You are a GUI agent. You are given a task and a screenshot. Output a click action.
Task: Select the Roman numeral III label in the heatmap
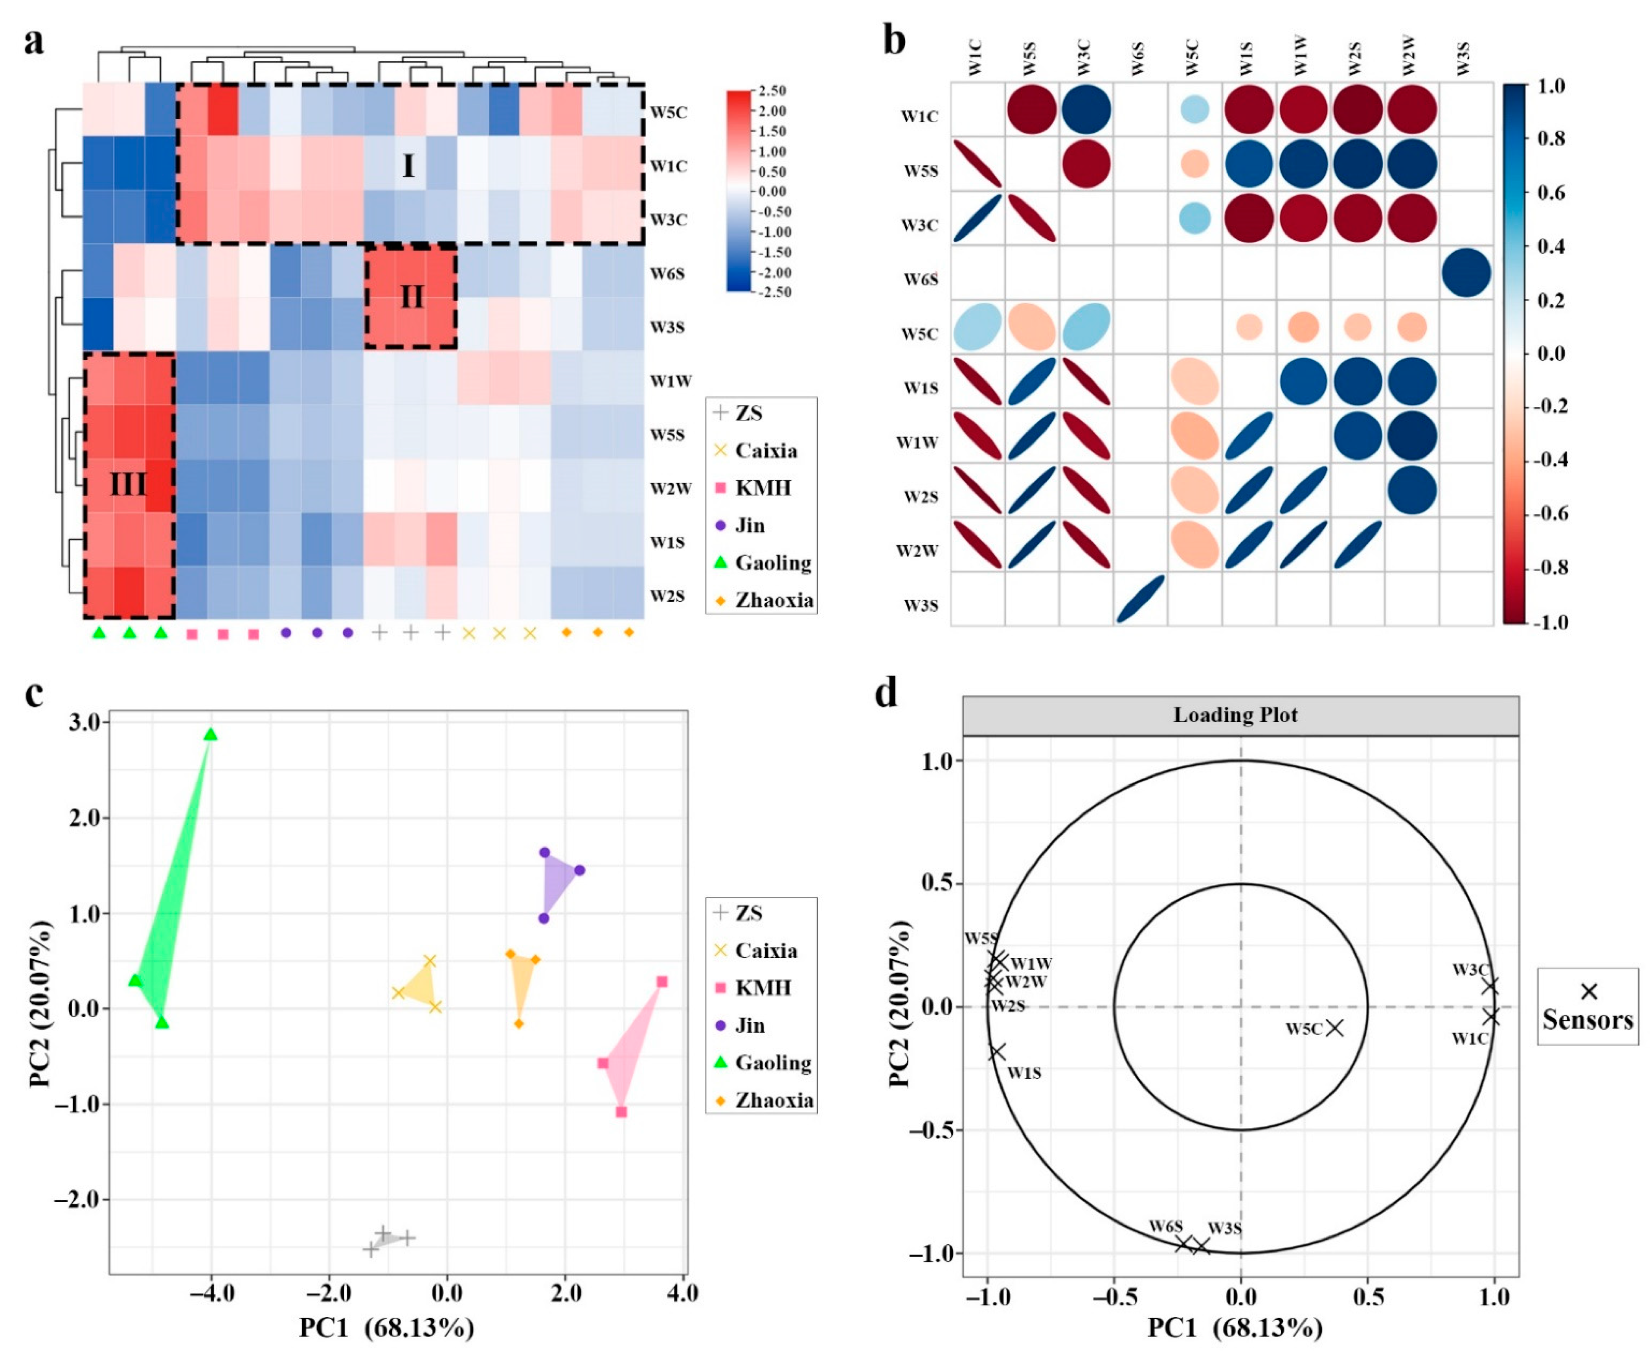pyautogui.click(x=127, y=485)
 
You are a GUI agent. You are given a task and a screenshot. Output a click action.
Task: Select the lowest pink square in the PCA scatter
pyautogui.click(x=621, y=1111)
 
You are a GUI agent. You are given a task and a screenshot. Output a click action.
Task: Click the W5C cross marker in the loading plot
pyautogui.click(x=1334, y=1027)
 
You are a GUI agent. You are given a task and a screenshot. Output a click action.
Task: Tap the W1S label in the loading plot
pyautogui.click(x=1024, y=1073)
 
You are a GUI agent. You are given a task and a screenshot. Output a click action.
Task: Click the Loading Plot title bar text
pyautogui.click(x=1235, y=715)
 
